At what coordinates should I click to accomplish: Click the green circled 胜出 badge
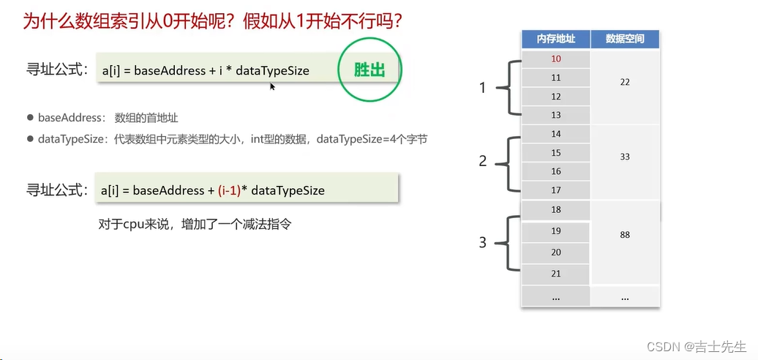pos(369,70)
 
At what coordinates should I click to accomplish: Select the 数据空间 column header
pos(624,39)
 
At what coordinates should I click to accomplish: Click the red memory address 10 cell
pos(555,59)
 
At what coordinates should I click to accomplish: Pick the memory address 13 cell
pos(555,115)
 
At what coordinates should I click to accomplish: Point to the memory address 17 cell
pos(555,190)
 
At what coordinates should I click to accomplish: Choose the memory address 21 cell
pos(555,273)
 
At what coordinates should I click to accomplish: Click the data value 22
pos(624,82)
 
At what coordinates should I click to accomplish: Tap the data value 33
pos(624,157)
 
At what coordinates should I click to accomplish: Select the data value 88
pos(624,235)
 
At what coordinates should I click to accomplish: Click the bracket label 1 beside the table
pos(482,88)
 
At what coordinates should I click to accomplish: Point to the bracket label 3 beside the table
pos(482,242)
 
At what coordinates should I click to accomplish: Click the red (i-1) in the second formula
pos(230,190)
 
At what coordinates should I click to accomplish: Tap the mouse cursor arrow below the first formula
pos(272,86)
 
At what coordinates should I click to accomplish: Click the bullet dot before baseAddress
pos(30,117)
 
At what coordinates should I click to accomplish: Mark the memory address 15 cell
pos(555,153)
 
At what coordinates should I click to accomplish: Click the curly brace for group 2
pos(508,162)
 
